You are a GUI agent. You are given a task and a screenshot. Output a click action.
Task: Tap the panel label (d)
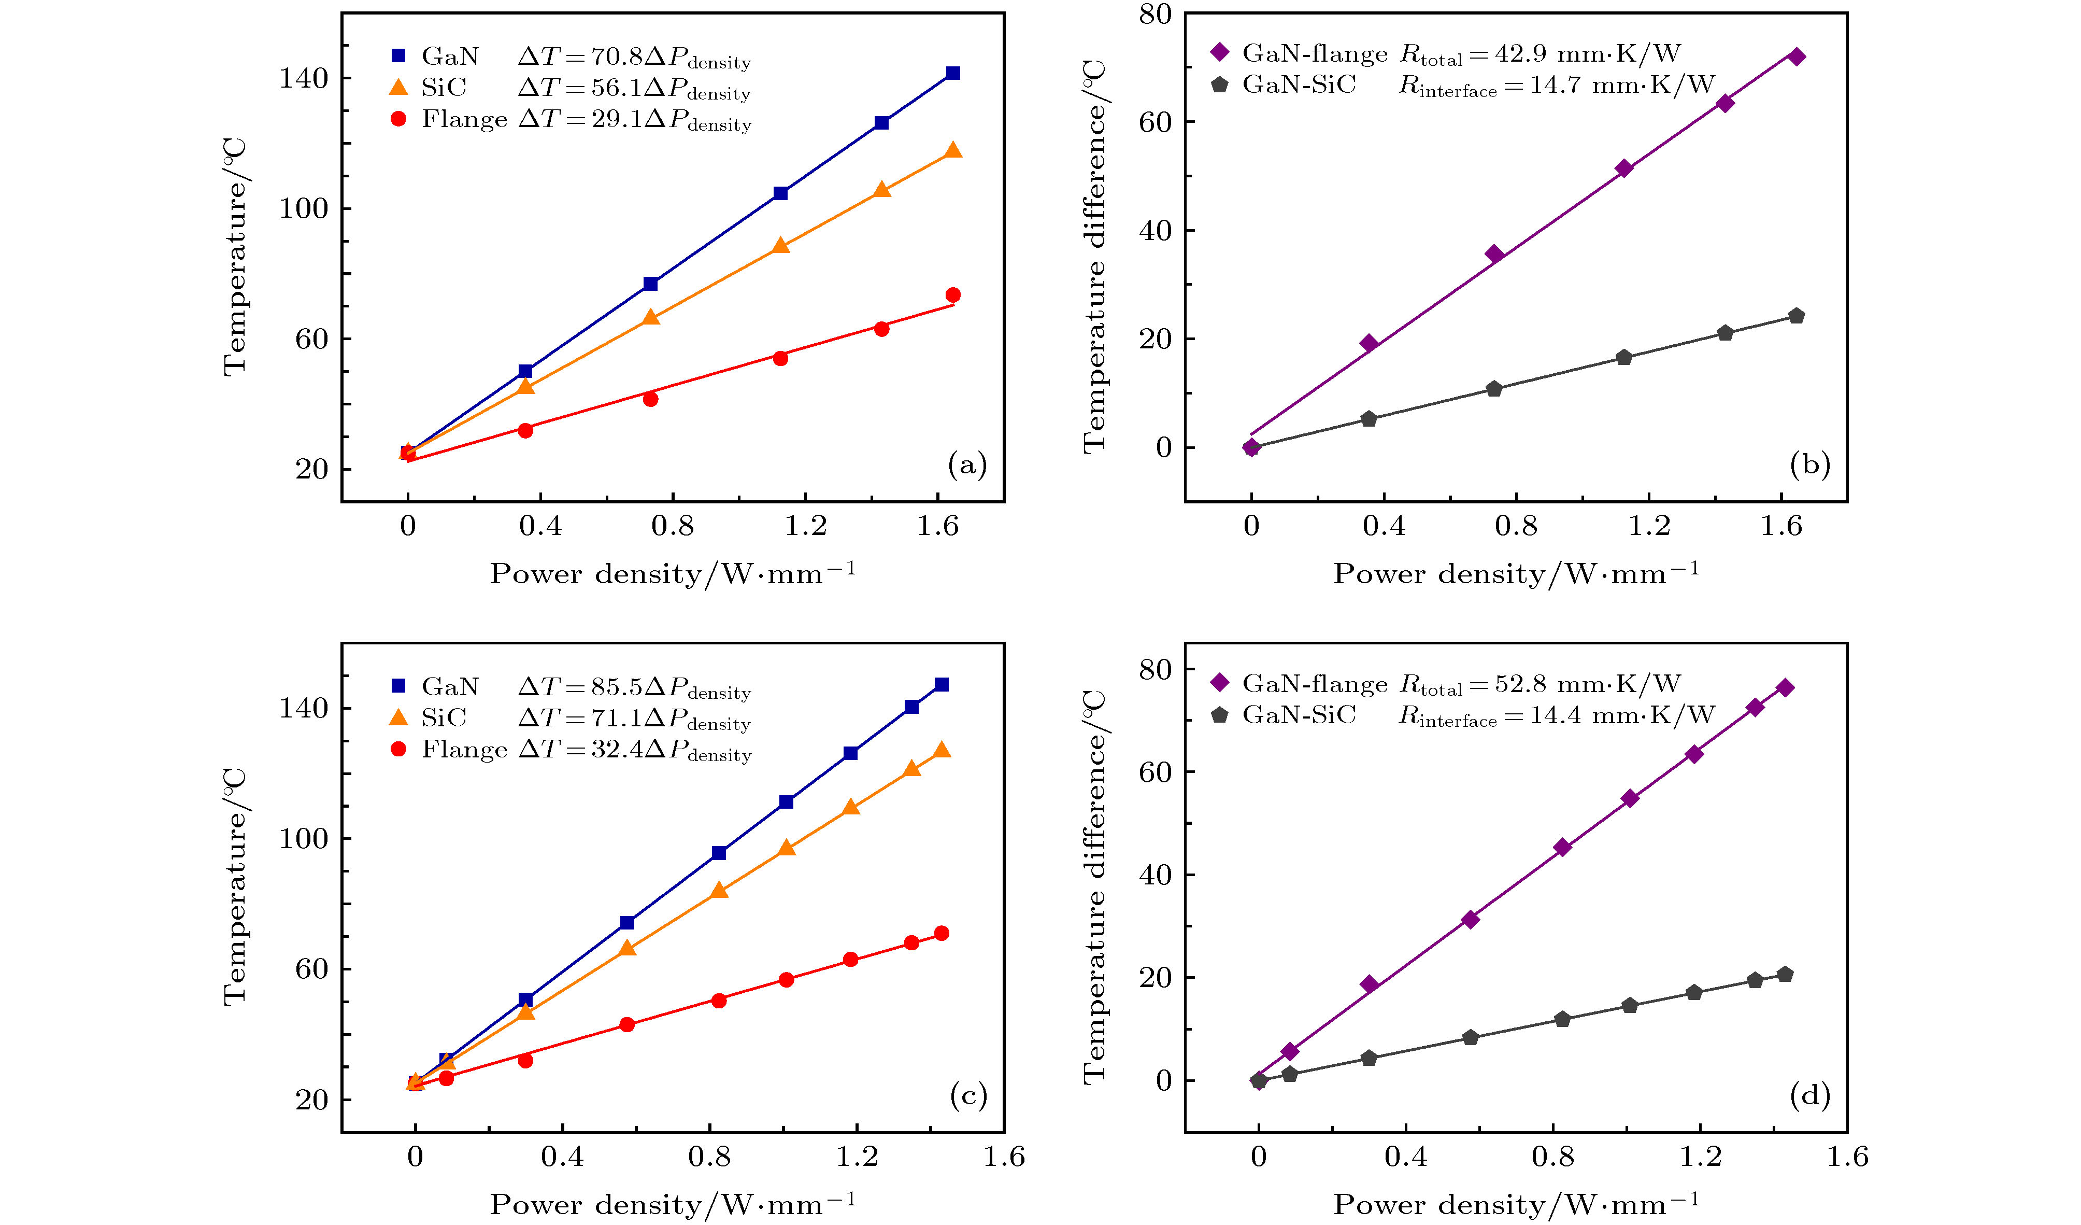pyautogui.click(x=1810, y=1095)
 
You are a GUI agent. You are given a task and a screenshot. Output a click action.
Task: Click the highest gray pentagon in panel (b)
pyautogui.click(x=1796, y=316)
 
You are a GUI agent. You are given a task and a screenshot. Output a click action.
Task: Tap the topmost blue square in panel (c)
pyautogui.click(x=942, y=685)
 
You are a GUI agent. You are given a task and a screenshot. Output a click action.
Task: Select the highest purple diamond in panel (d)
pyautogui.click(x=1785, y=688)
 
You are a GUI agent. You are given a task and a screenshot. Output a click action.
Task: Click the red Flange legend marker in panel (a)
pyautogui.click(x=398, y=119)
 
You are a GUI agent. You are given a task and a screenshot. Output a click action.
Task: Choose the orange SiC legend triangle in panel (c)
pyautogui.click(x=398, y=717)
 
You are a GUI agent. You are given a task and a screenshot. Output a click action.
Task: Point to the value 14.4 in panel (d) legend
pyautogui.click(x=1557, y=715)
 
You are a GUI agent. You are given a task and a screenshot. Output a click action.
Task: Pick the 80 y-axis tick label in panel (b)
pyautogui.click(x=1156, y=14)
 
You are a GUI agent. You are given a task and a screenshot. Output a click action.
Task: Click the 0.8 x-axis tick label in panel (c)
pyautogui.click(x=709, y=1157)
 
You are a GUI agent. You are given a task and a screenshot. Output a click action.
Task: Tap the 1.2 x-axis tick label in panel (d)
pyautogui.click(x=1700, y=1157)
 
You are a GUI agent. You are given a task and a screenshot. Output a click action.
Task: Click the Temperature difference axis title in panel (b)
pyautogui.click(x=1094, y=256)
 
